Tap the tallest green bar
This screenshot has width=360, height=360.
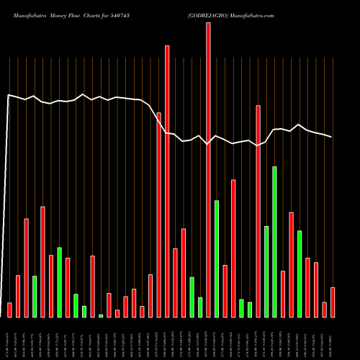[x=274, y=242]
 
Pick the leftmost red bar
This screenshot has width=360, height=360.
[x=9, y=310]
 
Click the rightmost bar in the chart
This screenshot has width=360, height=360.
[x=333, y=302]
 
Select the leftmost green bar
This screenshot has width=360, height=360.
[x=35, y=296]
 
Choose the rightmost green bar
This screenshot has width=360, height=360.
[x=300, y=274]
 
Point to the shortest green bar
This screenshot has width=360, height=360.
[x=101, y=315]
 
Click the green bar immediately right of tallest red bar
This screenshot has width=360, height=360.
[x=217, y=258]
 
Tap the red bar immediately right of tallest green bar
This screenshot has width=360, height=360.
[x=283, y=294]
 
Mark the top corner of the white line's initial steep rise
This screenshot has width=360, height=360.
[x=9, y=95]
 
